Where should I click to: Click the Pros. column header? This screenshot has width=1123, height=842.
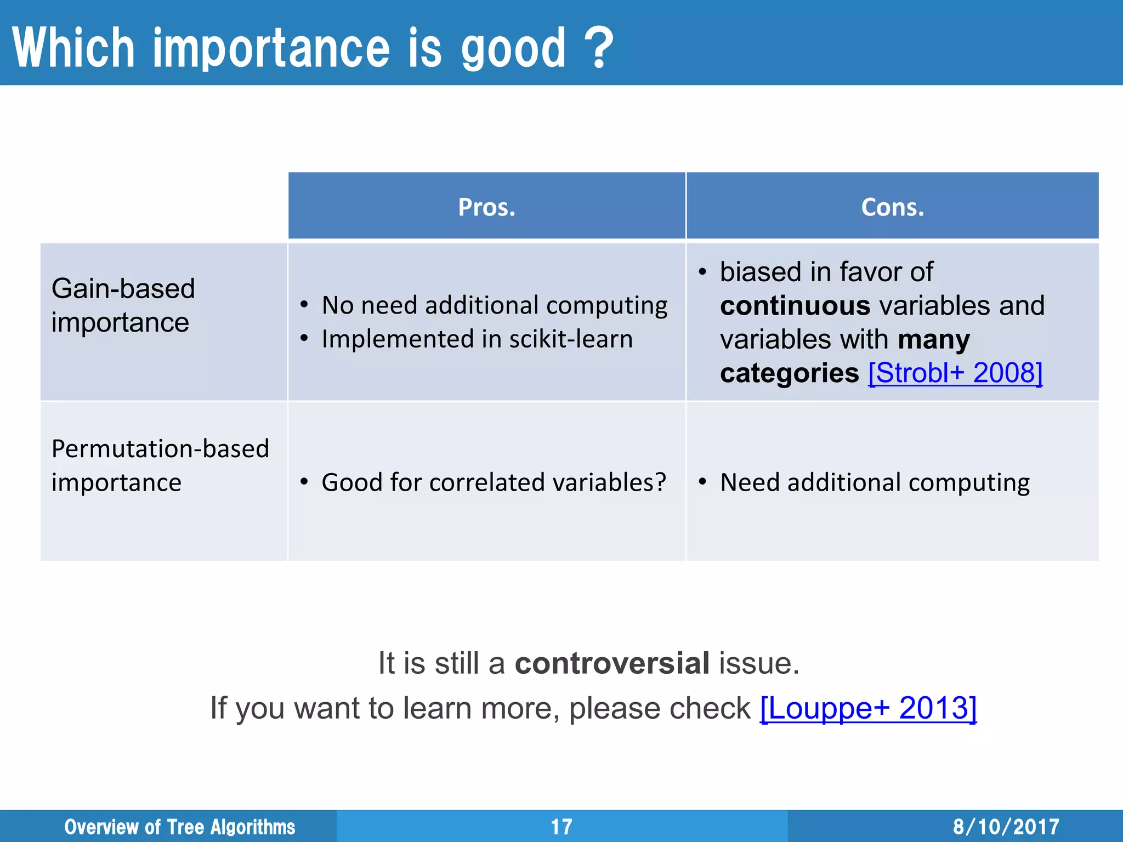487,207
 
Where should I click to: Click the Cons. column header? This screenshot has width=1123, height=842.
892,207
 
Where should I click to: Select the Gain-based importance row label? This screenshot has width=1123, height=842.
123,305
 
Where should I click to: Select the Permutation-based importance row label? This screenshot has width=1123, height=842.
160,465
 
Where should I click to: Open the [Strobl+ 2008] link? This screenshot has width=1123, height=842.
955,373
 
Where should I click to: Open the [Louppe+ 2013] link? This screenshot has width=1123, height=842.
868,708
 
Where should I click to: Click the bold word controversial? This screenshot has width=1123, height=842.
612,663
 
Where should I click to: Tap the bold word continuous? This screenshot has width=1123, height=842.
795,306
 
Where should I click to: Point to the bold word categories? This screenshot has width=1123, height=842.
789,373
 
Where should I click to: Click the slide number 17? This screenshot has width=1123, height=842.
561,827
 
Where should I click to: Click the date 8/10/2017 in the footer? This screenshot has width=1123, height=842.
1006,827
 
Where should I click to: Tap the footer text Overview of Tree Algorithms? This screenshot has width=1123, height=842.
180,827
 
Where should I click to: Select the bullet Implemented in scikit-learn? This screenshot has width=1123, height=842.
477,339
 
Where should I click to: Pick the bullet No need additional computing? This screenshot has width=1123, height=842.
494,305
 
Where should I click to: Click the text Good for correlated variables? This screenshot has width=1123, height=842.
494,482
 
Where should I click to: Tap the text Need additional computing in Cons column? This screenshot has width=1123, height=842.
875,482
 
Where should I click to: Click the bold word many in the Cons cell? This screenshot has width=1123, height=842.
933,340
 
